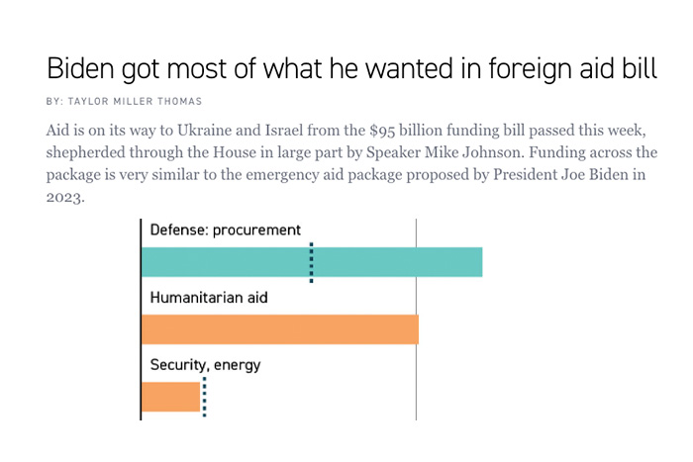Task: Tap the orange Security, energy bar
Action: pyautogui.click(x=170, y=396)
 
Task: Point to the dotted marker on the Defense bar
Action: pyautogui.click(x=311, y=263)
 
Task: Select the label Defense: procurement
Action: pyautogui.click(x=225, y=230)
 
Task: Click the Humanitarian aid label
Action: pyautogui.click(x=209, y=297)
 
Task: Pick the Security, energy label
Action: pyautogui.click(x=205, y=364)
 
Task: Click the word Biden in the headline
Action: pyautogui.click(x=81, y=71)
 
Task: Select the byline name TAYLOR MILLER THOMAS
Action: pyautogui.click(x=148, y=102)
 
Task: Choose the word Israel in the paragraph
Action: pyautogui.click(x=295, y=132)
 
